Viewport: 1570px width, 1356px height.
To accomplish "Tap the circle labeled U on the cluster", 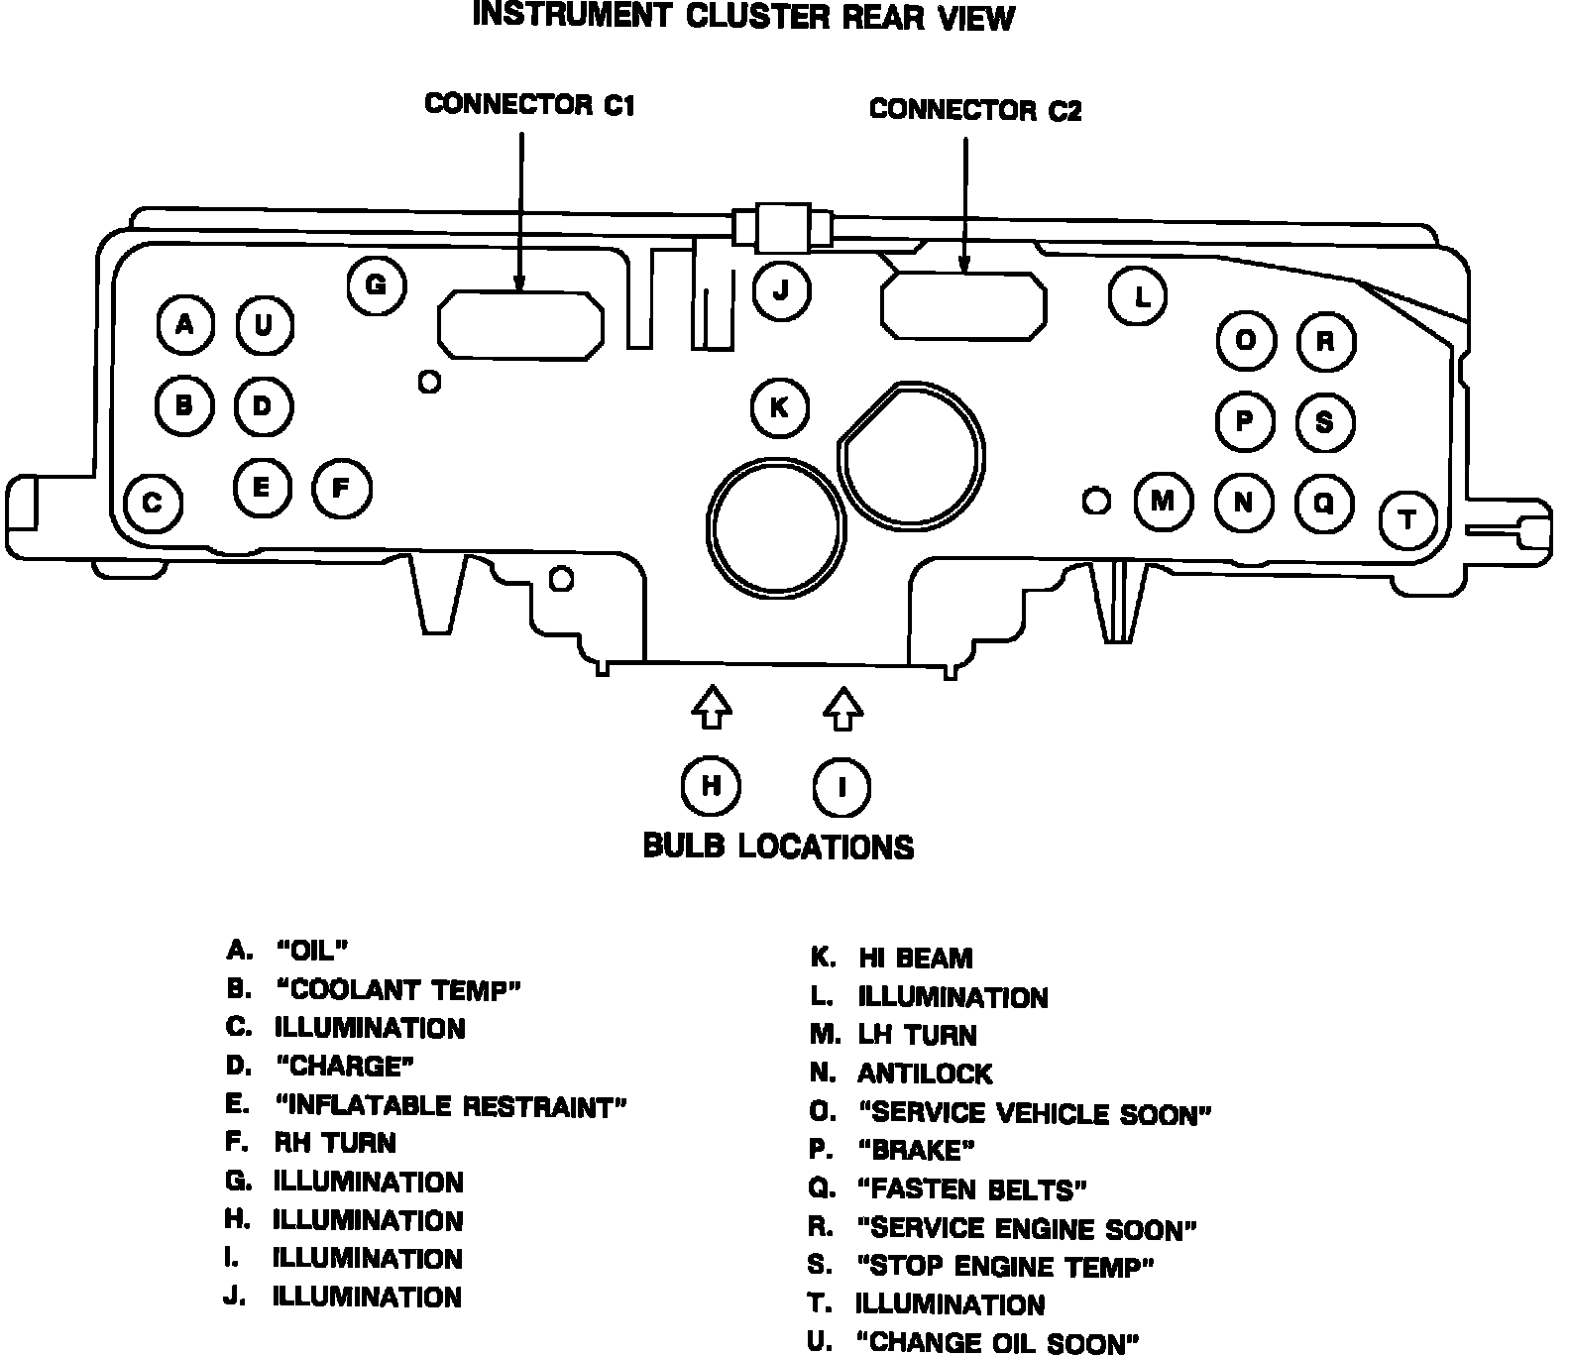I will point(264,325).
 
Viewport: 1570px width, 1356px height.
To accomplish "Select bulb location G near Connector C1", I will point(377,285).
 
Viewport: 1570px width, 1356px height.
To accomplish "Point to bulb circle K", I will point(780,407).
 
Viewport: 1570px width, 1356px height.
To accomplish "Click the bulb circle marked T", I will point(1408,519).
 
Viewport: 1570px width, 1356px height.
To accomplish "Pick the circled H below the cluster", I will point(711,786).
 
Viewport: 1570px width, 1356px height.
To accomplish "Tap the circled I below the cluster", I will point(841,787).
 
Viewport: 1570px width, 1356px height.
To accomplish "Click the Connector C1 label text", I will point(529,104).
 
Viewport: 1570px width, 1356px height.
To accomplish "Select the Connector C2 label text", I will point(974,109).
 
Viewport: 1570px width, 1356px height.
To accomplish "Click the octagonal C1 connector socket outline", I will point(520,324).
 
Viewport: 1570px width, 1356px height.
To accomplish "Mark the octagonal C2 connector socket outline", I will point(963,303).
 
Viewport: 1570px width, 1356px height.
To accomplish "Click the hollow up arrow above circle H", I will point(711,706).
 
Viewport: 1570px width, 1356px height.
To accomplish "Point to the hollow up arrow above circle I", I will point(842,708).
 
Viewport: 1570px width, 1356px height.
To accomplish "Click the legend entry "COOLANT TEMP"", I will point(397,989).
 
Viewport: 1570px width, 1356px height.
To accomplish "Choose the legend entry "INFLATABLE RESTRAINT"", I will point(451,1105).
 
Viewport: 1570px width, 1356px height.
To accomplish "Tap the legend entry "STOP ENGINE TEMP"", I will point(1005,1267).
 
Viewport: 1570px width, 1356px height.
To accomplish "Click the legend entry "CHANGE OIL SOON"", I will point(997,1343).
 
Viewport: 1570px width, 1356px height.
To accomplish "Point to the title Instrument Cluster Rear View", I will point(743,17).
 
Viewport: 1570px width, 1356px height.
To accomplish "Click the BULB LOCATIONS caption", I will point(778,847).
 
